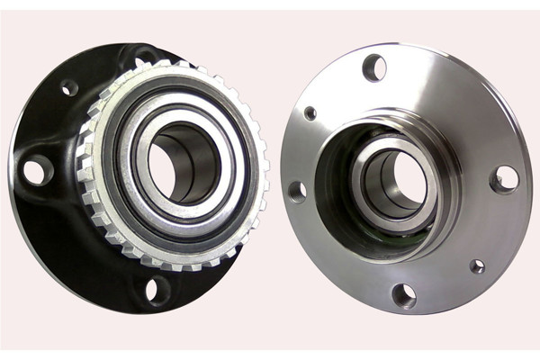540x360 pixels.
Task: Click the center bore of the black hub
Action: point(183,162)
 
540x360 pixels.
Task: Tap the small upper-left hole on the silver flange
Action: point(310,113)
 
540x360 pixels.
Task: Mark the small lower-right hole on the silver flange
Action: point(477,266)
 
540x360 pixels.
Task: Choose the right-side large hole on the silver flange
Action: point(505,178)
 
